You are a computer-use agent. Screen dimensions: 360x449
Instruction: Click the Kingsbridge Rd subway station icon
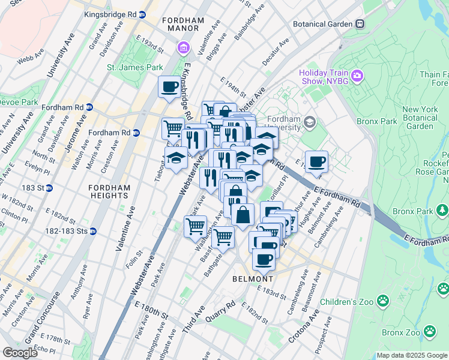coord(141,13)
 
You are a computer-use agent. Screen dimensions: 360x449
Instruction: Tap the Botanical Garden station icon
coord(360,24)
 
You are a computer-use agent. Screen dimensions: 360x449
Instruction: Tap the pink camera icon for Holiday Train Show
coord(358,76)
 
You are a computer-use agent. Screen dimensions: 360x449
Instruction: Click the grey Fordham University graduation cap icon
coord(310,122)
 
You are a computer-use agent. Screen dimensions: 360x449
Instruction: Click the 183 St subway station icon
coord(50,188)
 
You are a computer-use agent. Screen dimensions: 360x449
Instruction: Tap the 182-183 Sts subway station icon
coord(93,230)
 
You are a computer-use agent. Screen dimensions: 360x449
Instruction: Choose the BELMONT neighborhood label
coord(253,279)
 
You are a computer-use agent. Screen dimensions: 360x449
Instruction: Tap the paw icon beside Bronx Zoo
coord(430,331)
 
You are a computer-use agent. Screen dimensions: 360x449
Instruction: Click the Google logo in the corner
coord(21,353)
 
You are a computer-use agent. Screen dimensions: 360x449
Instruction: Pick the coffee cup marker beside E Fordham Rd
coord(316,161)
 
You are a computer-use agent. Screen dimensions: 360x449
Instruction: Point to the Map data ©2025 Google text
coord(411,355)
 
